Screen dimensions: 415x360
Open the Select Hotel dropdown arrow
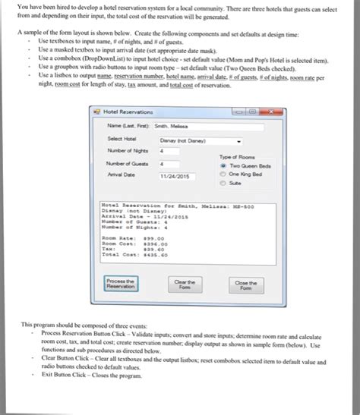(x=240, y=140)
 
